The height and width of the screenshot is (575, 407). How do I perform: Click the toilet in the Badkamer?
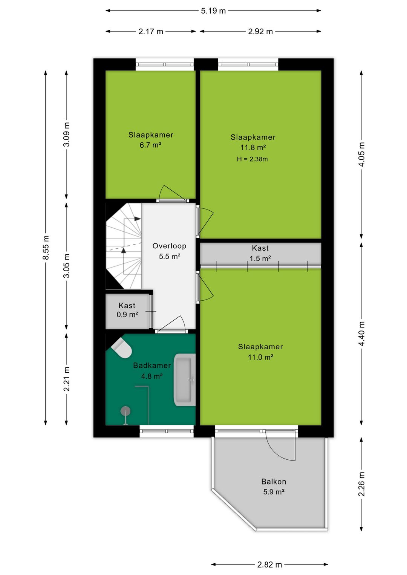coord(122,348)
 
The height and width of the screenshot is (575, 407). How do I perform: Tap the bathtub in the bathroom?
coord(184,380)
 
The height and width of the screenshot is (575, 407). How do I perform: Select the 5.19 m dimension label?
coord(213,11)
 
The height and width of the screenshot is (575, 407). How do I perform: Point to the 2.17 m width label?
coord(151,32)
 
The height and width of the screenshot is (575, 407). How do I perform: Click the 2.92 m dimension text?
coord(260,32)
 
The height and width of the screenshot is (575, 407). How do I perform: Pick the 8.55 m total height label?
coord(46,248)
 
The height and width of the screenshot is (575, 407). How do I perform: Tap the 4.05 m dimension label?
coord(361,154)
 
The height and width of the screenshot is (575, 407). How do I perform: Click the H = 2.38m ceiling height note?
coord(252,159)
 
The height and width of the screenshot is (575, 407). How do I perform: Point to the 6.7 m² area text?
coord(150,145)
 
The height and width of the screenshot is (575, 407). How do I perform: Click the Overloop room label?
coord(169,246)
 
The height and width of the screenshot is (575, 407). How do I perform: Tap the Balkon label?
coord(274,482)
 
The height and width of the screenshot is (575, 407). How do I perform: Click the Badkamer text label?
coord(152,365)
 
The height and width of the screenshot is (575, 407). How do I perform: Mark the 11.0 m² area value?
coord(260,357)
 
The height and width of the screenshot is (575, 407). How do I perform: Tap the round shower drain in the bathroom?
coord(125,411)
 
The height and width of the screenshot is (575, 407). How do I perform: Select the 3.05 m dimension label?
coord(66,266)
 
